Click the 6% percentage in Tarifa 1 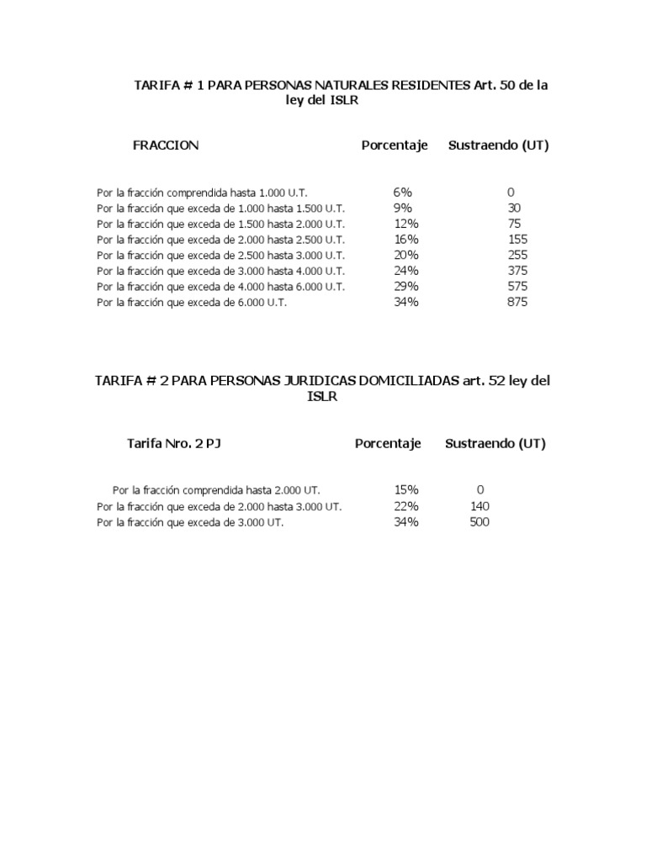coord(402,193)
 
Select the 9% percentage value coord(402,208)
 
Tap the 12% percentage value coord(405,224)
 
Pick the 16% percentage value coord(405,240)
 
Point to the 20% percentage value coord(405,255)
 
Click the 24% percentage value coord(405,271)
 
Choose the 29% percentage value coord(405,287)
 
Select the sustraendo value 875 coord(517,302)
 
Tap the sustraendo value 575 coord(517,287)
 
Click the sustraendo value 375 coord(517,271)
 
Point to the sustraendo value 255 coord(517,255)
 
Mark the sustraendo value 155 coord(517,240)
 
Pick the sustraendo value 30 coord(514,208)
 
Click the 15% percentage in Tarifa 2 coord(405,489)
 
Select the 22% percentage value coord(405,506)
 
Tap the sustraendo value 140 coord(479,506)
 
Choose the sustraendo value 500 coord(479,522)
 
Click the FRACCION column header coord(166,145)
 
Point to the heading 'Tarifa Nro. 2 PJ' coord(174,444)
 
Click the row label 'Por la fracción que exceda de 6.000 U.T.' coord(192,303)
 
